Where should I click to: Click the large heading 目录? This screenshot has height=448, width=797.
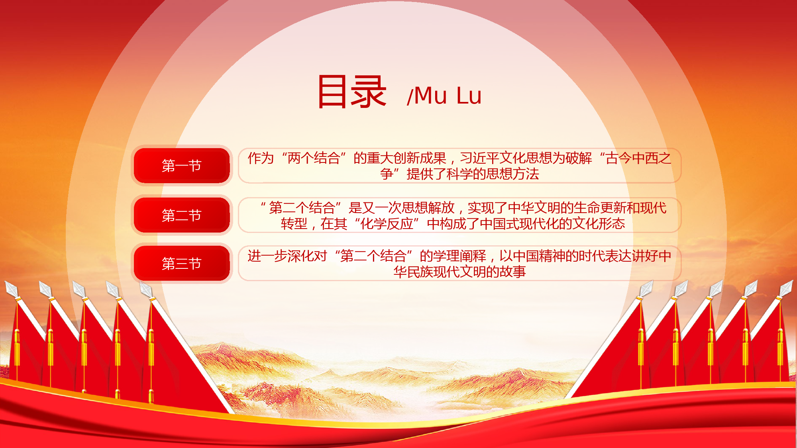point(352,92)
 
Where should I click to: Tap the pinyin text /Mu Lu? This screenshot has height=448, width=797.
point(444,96)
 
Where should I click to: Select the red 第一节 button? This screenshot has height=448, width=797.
point(182,166)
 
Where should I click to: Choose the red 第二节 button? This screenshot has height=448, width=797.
point(182,215)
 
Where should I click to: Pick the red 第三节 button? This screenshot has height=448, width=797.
point(182,263)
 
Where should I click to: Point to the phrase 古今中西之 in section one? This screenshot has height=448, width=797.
point(638,158)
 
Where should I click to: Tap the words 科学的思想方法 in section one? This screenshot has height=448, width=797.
point(493,174)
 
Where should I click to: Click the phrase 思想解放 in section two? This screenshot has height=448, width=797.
point(428,207)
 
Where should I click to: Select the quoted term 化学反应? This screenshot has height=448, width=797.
point(387,224)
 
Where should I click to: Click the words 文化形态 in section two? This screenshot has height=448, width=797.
point(599,224)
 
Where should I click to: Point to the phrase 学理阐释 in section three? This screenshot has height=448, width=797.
point(459,256)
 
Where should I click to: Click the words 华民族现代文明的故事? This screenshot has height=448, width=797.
point(460,272)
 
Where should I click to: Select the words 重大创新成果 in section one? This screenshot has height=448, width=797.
point(406,158)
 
